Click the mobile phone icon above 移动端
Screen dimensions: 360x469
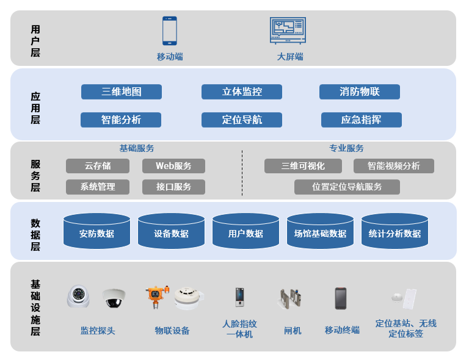(x=169, y=31)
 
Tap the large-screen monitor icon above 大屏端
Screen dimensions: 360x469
(x=288, y=30)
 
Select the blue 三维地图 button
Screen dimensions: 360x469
(x=122, y=92)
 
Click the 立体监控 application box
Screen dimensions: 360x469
(x=242, y=92)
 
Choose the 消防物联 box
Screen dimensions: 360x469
(x=360, y=92)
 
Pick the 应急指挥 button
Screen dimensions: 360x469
(x=362, y=120)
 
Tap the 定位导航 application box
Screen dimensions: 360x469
(x=242, y=120)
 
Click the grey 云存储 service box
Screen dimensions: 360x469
(x=98, y=166)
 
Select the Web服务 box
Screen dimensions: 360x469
(x=173, y=166)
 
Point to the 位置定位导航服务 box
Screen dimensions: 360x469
(x=347, y=187)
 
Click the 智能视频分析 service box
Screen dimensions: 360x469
(x=394, y=166)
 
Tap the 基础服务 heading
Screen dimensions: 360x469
(x=137, y=148)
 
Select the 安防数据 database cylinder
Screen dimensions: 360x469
(x=96, y=231)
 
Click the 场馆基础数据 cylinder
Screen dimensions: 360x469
(x=320, y=231)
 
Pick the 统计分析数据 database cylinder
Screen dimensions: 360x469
(x=394, y=231)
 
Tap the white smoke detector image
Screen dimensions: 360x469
(x=187, y=297)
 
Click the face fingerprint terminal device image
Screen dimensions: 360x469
(x=239, y=297)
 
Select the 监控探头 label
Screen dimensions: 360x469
(x=98, y=331)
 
